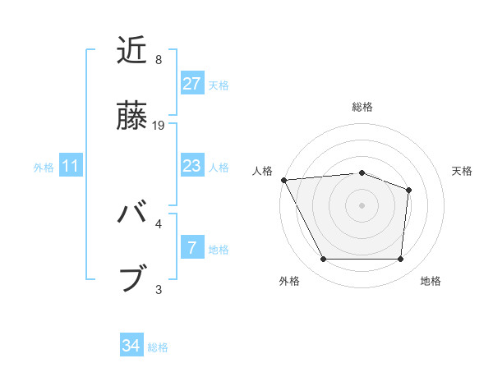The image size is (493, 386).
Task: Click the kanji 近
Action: (x=133, y=51)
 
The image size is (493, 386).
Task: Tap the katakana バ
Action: (x=133, y=214)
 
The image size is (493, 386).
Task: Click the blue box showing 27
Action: (x=191, y=84)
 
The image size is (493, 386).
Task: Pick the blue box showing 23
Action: (x=191, y=166)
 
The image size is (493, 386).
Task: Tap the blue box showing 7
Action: (x=191, y=247)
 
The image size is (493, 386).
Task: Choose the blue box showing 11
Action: (x=71, y=166)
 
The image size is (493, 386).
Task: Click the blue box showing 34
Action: (x=131, y=346)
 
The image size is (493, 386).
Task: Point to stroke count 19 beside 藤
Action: (x=159, y=126)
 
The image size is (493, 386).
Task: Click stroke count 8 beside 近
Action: (x=159, y=60)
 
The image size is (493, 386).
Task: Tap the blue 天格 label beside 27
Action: (x=219, y=85)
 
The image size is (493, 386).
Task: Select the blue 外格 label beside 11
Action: (x=44, y=167)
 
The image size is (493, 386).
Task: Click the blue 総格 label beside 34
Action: (x=158, y=347)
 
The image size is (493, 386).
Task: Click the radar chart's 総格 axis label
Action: (x=362, y=107)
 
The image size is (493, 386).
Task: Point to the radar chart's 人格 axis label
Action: (x=264, y=171)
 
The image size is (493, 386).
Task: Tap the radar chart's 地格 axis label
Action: (x=431, y=281)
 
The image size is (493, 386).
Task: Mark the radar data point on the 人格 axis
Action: (x=283, y=180)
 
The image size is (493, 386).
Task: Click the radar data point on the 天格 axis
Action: (x=408, y=190)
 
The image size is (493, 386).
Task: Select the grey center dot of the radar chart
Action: (x=362, y=204)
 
